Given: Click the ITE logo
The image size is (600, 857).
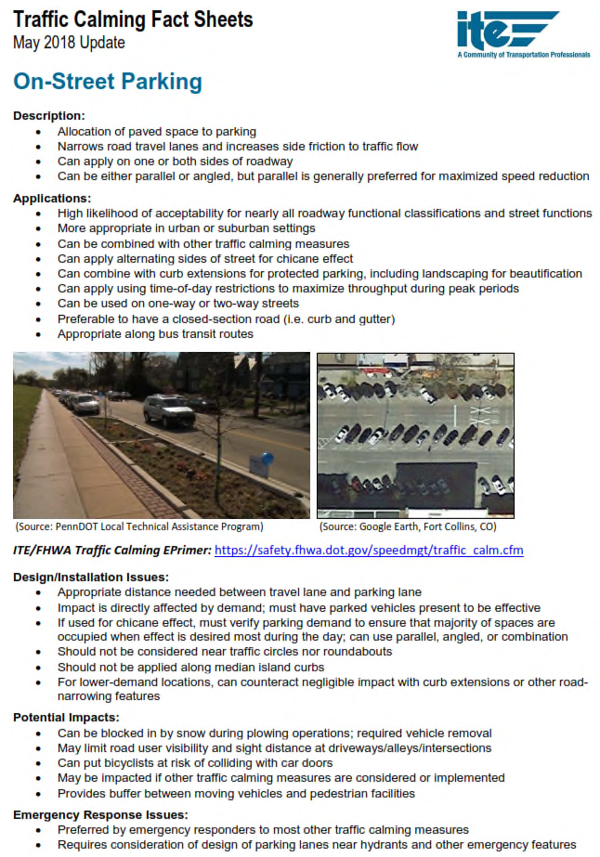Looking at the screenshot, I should pos(506,30).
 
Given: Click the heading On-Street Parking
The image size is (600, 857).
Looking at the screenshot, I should pos(107,82).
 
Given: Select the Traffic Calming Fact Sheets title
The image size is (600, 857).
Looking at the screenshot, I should pos(133,19).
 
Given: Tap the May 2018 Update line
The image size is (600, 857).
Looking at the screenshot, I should pos(69,43).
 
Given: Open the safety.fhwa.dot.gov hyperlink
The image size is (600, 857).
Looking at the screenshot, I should pos(369,550).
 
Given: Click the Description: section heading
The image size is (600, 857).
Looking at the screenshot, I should pos(48,116).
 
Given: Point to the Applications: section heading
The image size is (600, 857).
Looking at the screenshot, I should pos(52,198).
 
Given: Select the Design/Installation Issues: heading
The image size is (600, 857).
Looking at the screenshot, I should pos(91,577).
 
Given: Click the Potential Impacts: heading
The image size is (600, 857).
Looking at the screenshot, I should pos(67,718).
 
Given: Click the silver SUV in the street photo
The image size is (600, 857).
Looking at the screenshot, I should pos(168,409).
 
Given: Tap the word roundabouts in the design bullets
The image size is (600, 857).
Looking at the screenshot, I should pos(358,652).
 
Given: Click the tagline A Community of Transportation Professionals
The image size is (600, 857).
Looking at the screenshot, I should pos(523,55).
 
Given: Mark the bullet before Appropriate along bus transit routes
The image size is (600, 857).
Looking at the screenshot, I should pos(38,333).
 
